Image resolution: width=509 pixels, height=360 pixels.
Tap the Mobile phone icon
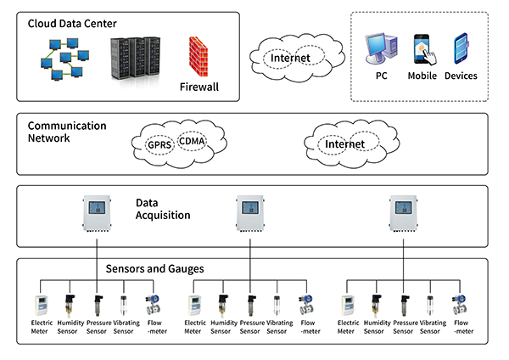pos(423,50)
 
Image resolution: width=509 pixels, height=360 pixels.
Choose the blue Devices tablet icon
pos(461,49)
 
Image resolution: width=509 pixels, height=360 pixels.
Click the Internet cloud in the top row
pos(294,58)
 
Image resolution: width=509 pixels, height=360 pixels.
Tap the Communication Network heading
pos(67,132)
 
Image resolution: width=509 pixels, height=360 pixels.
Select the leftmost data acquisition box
pos(97,215)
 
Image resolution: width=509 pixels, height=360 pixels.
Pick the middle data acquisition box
pos(249,215)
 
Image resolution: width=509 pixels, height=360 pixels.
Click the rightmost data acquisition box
pos(403,215)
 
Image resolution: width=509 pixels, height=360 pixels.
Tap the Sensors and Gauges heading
pos(152,269)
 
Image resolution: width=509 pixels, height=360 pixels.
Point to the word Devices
pos(461,76)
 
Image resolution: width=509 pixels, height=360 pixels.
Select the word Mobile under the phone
pos(422,76)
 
